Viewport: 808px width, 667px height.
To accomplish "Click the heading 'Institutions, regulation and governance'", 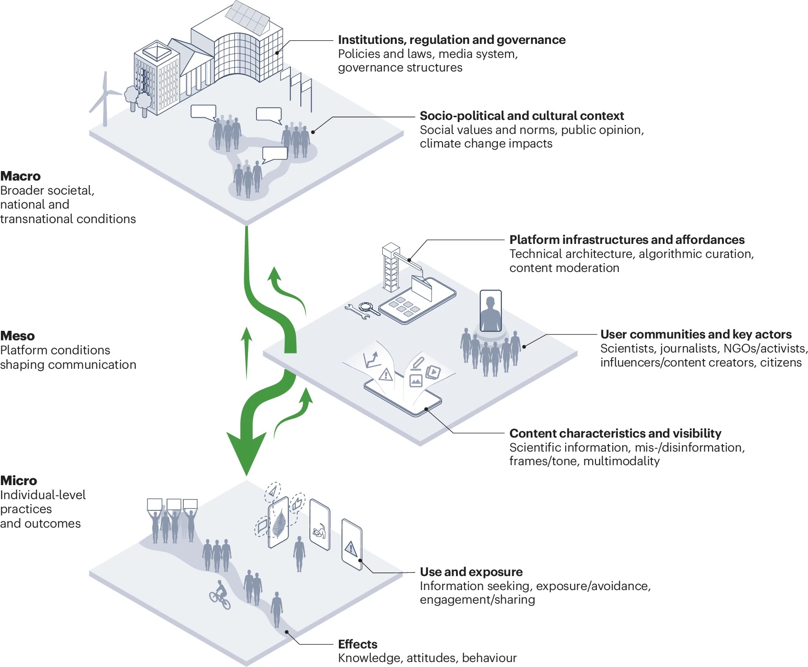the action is click(452, 40).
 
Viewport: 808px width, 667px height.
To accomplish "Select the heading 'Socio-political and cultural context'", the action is click(522, 116).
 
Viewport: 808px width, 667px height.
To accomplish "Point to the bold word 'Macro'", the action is click(20, 176).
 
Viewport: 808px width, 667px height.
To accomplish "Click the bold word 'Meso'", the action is click(18, 336).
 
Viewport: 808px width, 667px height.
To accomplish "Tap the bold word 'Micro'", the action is click(19, 481).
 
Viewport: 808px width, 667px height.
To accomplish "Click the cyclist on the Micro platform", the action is click(220, 595).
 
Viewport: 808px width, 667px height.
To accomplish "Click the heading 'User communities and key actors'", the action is click(696, 334).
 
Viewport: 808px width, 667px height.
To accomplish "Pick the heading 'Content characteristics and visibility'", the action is click(615, 434).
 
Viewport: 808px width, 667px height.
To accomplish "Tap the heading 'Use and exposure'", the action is click(471, 572).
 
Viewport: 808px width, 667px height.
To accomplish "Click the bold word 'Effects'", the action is click(357, 644).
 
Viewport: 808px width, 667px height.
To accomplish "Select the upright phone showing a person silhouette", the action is click(490, 311).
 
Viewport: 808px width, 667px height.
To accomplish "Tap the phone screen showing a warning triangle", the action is click(352, 545).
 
